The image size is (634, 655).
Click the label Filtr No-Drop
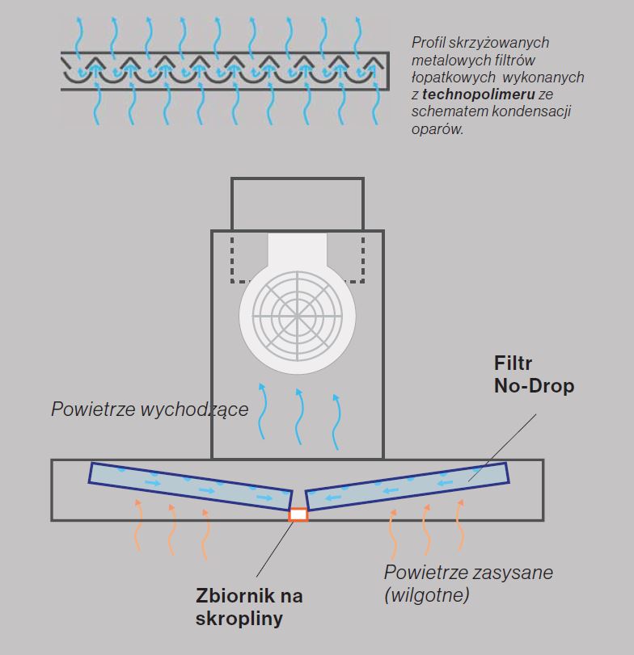tap(534, 376)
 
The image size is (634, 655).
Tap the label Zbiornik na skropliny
tap(250, 608)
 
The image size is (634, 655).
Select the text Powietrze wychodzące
tap(150, 409)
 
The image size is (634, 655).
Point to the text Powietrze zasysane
tap(468, 573)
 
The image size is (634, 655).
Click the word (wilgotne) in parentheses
tap(426, 596)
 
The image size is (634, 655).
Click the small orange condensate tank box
tap(298, 514)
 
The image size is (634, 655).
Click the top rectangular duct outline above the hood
tap(297, 204)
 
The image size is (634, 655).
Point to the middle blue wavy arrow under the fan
tap(298, 413)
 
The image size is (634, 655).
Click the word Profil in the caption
tap(429, 43)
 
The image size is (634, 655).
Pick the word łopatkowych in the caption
tap(450, 78)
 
